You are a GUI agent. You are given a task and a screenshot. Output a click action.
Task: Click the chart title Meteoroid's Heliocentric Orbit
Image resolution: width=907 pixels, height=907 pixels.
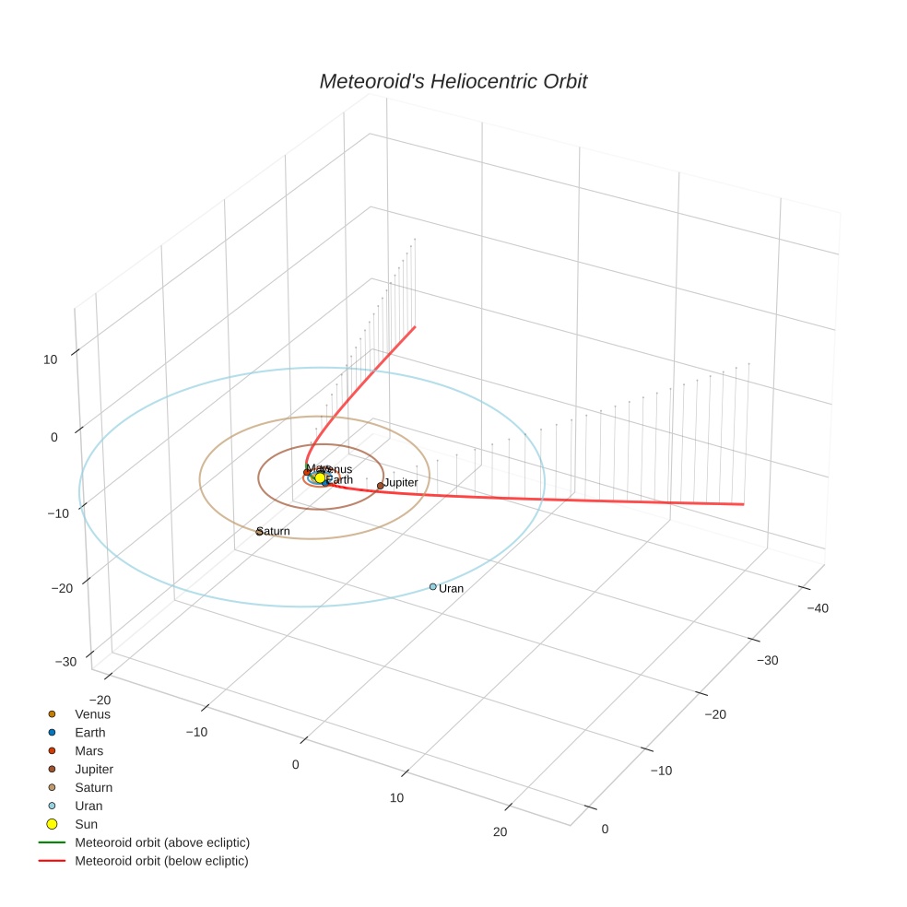pyautogui.click(x=453, y=81)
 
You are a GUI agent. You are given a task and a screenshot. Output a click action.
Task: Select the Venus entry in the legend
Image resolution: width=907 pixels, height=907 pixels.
pyautogui.click(x=92, y=713)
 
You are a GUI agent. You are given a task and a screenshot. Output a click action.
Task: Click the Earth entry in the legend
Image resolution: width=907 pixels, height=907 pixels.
pyautogui.click(x=90, y=732)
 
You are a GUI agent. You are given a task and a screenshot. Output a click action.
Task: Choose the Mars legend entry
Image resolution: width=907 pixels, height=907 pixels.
pyautogui.click(x=88, y=750)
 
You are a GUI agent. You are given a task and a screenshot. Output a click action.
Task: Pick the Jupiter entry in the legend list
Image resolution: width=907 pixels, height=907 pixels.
pyautogui.click(x=94, y=769)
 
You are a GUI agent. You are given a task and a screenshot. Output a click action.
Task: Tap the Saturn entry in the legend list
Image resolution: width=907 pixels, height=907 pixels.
pyautogui.click(x=93, y=787)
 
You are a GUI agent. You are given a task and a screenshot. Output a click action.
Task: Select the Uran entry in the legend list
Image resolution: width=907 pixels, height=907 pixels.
pyautogui.click(x=88, y=806)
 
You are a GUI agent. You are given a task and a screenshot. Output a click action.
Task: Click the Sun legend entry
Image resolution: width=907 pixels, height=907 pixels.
pyautogui.click(x=86, y=824)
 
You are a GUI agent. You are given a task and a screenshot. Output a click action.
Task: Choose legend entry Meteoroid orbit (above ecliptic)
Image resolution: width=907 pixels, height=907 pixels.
pyautogui.click(x=162, y=842)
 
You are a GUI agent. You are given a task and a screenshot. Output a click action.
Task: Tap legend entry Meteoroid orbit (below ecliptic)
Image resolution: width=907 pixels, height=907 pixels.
pyautogui.click(x=161, y=861)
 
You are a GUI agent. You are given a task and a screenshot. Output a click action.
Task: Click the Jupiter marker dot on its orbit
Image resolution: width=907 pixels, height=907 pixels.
pyautogui.click(x=380, y=486)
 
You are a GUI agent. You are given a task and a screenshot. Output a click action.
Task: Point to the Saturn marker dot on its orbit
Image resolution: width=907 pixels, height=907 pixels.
pyautogui.click(x=259, y=532)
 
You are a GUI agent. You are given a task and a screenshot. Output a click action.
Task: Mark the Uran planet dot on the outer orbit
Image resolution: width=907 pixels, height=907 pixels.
pyautogui.click(x=432, y=586)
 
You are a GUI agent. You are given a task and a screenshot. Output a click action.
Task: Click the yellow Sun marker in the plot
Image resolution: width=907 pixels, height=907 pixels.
pyautogui.click(x=320, y=477)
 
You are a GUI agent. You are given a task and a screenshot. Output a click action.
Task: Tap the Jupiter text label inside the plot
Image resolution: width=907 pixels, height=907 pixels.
pyautogui.click(x=401, y=483)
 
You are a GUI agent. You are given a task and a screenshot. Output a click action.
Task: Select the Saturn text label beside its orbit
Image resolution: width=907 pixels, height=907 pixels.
pyautogui.click(x=275, y=532)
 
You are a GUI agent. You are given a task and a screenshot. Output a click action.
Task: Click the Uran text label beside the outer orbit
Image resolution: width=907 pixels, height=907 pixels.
pyautogui.click(x=452, y=588)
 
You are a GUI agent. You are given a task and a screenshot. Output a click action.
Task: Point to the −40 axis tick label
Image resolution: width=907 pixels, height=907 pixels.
pyautogui.click(x=817, y=607)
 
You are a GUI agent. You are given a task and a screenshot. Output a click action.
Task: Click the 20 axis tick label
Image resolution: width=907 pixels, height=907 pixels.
pyautogui.click(x=500, y=832)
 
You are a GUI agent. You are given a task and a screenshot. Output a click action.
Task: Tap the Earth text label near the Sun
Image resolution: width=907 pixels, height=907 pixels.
pyautogui.click(x=340, y=479)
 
